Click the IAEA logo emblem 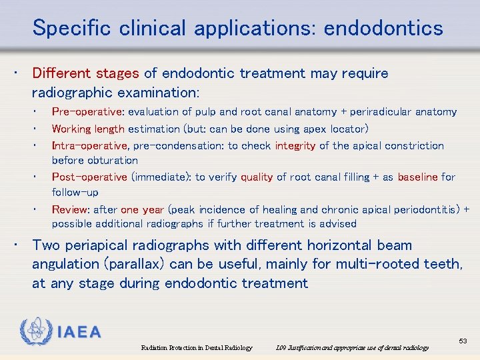coord(35,331)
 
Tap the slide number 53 coord(463,341)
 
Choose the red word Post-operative coord(89,177)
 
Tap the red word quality coord(257,177)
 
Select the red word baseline coord(418,177)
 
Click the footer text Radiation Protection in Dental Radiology coord(197,347)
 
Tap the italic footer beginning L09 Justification coord(352,347)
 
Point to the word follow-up coord(75,192)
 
